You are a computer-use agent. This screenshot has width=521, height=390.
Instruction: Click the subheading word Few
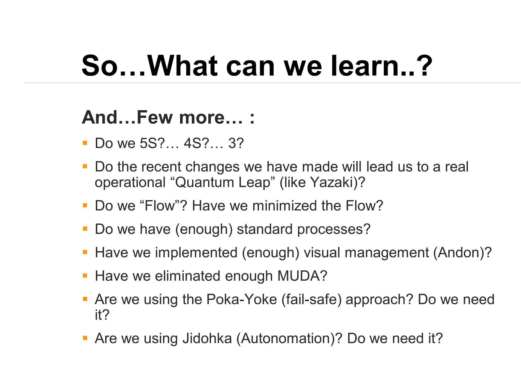point(155,117)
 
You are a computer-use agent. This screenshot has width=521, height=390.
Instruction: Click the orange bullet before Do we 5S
point(85,143)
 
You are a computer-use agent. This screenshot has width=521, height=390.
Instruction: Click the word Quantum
point(205,182)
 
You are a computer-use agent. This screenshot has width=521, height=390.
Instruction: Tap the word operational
point(130,182)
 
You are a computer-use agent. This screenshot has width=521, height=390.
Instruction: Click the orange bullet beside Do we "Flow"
point(85,205)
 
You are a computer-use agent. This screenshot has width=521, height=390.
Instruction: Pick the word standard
point(265,229)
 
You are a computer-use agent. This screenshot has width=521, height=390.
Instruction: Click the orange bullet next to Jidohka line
point(85,338)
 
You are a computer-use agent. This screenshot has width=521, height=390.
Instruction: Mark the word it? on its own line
point(102,315)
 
